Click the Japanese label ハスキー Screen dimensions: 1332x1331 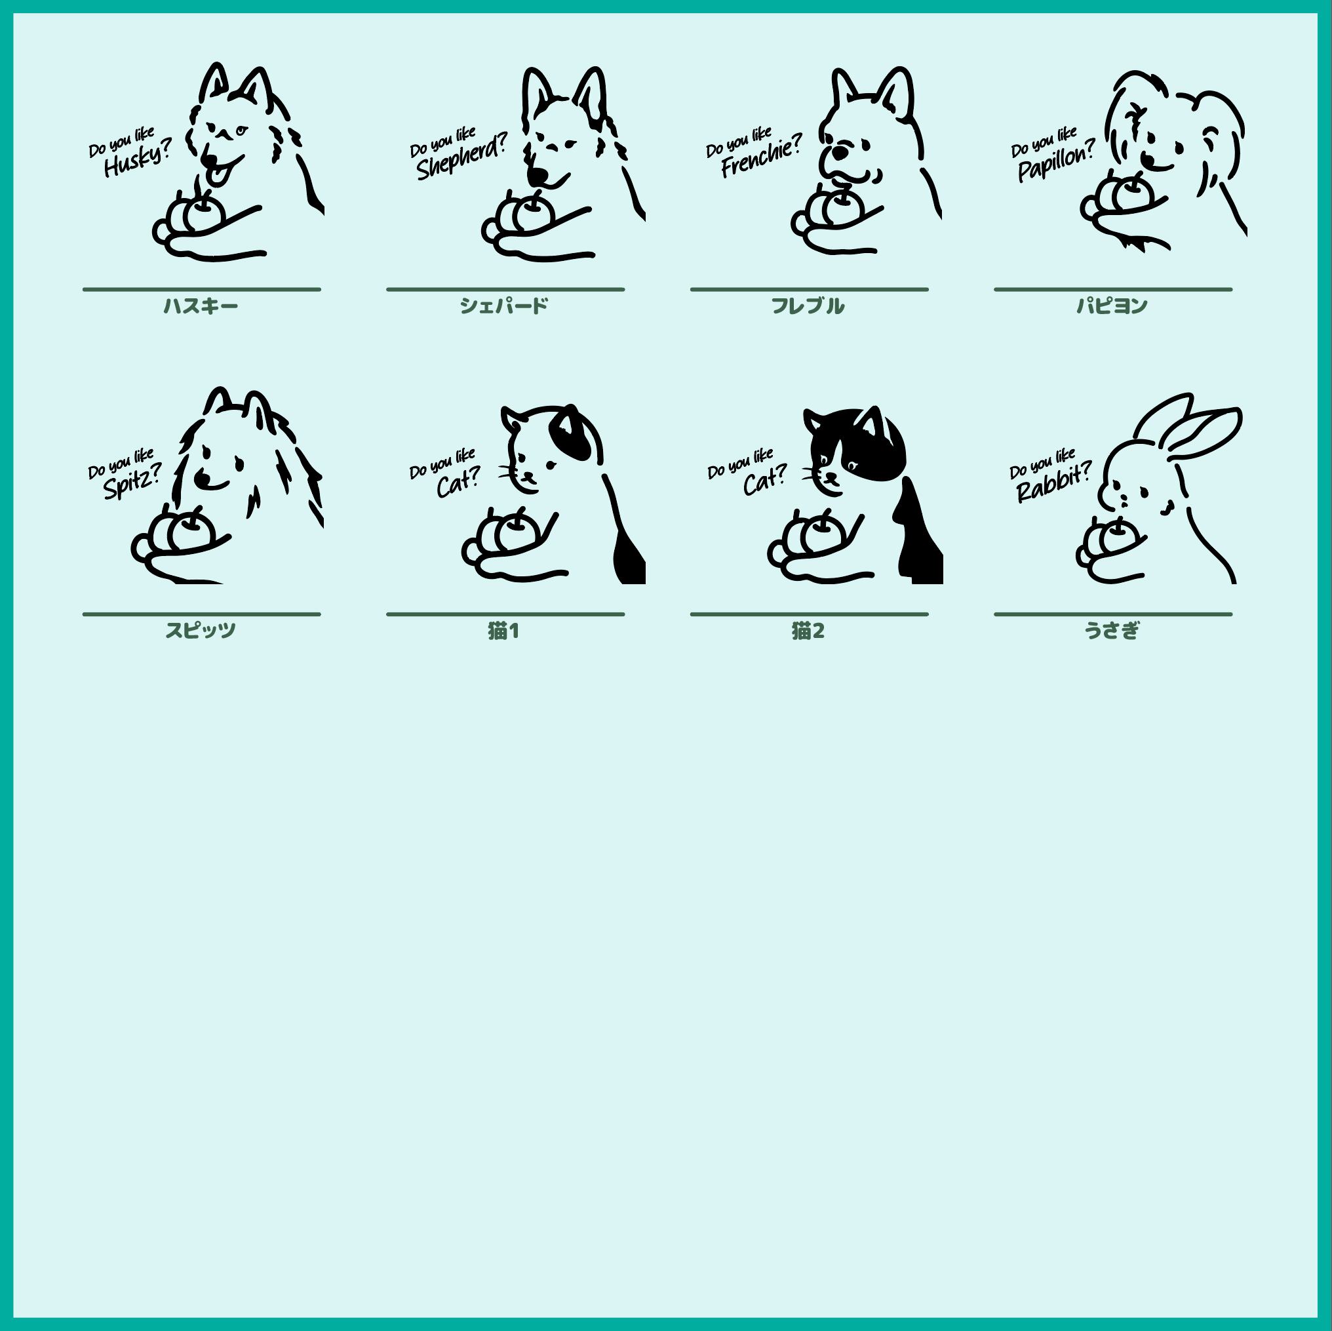(x=201, y=306)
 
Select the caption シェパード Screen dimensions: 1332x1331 (x=504, y=306)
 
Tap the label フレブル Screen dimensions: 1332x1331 (x=808, y=306)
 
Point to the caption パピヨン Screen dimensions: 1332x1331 (x=1112, y=306)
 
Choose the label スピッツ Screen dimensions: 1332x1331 (x=201, y=630)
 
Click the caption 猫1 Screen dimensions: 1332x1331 (x=504, y=630)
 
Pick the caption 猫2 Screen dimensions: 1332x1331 (x=808, y=630)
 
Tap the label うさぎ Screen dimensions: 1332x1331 (x=1112, y=630)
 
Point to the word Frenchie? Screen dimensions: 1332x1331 (x=762, y=157)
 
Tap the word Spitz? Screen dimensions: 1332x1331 (x=133, y=481)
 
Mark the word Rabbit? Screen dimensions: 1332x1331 (x=1054, y=483)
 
